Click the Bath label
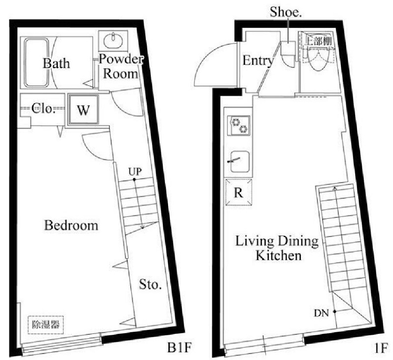56,63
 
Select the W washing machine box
83,109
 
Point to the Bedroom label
71,226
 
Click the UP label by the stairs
135,172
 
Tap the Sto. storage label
150,285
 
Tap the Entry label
257,61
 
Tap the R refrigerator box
239,192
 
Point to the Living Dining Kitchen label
277,248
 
